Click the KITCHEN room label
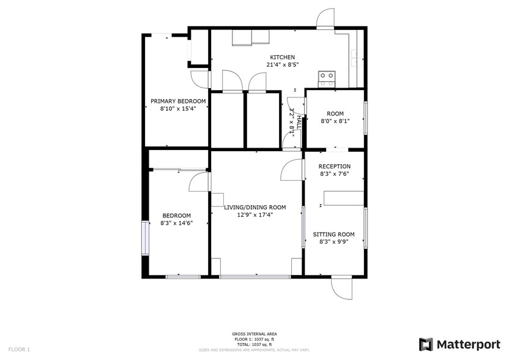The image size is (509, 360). point(282,57)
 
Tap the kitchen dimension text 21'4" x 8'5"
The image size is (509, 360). point(282,64)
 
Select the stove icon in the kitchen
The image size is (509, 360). point(327,77)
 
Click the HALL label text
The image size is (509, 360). point(299,119)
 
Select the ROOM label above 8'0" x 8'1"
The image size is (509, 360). point(335,113)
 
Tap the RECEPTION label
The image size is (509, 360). point(335,166)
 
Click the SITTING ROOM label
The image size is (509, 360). point(334,234)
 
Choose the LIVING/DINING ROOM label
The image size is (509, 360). point(255,207)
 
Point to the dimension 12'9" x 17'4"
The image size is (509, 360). point(255,214)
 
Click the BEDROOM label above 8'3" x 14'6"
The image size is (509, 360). point(176,215)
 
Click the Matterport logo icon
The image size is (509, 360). point(426,344)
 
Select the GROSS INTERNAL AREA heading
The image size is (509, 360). point(254,334)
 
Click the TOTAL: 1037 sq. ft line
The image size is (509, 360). point(254,343)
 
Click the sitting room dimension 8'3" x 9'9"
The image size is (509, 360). point(334,241)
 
